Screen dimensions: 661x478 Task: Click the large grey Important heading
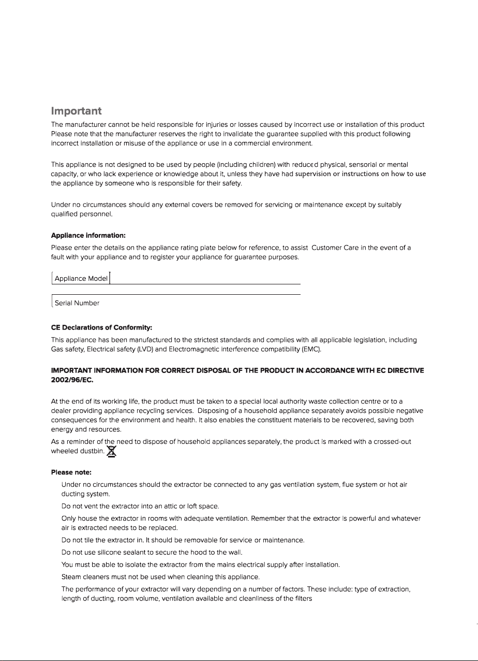click(x=76, y=111)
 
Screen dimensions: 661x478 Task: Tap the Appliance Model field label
click(x=81, y=279)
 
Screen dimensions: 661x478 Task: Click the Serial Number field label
click(x=77, y=303)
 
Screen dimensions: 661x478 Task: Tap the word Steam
click(x=71, y=577)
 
